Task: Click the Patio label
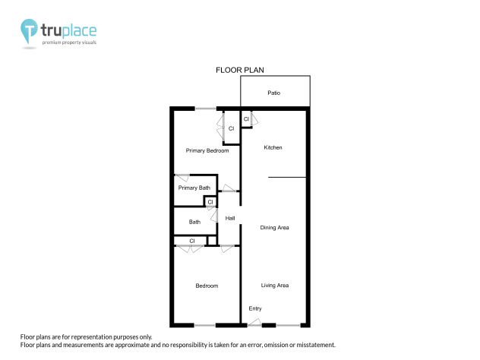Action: pos(273,93)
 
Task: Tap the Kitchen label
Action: pos(273,147)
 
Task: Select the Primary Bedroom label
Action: pos(207,150)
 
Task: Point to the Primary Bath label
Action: pos(194,188)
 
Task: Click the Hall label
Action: pos(230,219)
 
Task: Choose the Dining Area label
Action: pos(274,227)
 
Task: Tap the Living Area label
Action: pos(275,286)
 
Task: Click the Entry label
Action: pos(255,308)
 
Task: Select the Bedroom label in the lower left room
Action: pos(207,286)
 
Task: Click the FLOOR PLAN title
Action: pos(240,70)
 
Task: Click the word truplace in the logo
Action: pos(69,31)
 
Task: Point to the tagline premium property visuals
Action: pos(69,43)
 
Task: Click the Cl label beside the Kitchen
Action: pos(246,120)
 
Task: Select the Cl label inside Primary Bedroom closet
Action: pos(231,128)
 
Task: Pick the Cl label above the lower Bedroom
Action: pos(192,242)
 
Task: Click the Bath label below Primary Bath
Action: pos(195,223)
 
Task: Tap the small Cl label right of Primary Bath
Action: pos(210,202)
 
